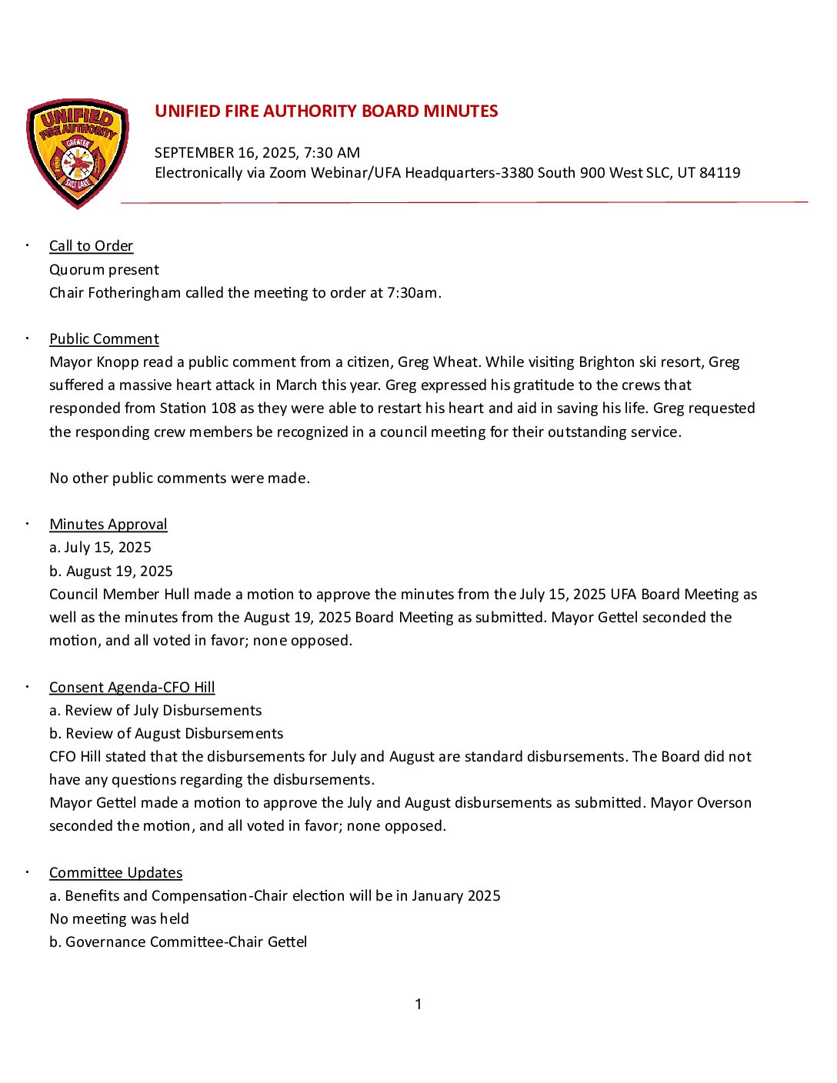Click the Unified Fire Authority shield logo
pos(78,152)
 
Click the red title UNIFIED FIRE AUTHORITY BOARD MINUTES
pos(326,112)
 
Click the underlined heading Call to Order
pos(91,246)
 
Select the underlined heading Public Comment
pos(104,339)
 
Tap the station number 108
pos(223,408)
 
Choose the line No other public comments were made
pos(179,478)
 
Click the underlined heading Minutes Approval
pos(108,525)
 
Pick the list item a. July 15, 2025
pos(100,548)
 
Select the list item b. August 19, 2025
pos(111,571)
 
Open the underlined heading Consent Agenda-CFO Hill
pos(132,688)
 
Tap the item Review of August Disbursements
pos(174,734)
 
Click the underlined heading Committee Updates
pos(115,873)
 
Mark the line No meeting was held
pos(119,919)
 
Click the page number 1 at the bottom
pos(418,1005)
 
